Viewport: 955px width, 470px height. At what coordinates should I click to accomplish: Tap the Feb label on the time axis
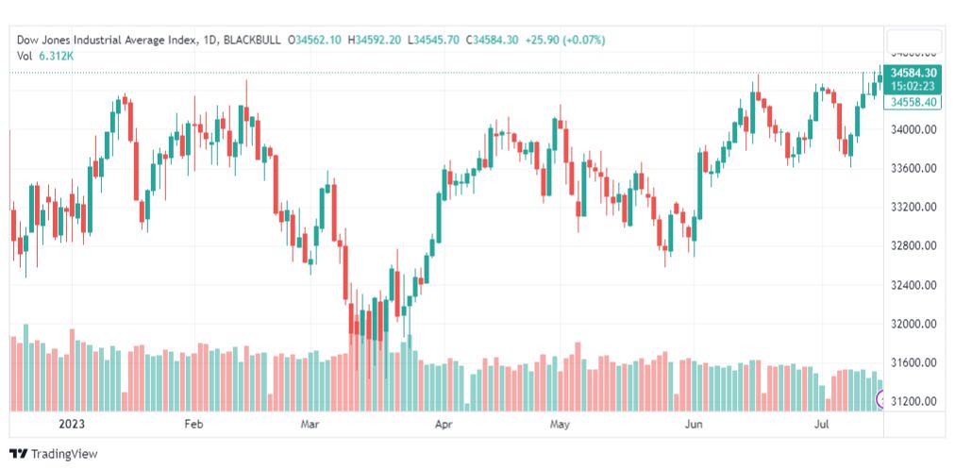[193, 425]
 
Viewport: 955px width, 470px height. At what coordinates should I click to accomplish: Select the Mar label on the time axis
[310, 425]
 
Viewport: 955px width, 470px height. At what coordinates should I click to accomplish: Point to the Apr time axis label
[444, 425]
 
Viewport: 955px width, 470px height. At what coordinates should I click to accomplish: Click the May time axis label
[561, 425]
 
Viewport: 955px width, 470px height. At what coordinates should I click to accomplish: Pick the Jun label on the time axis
[694, 425]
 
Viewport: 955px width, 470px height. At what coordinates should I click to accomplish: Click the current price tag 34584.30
[913, 73]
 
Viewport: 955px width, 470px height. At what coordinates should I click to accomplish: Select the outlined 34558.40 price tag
[913, 102]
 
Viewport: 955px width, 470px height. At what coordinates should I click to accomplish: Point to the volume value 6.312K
[57, 56]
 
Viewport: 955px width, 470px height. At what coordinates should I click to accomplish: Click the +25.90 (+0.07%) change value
[572, 40]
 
